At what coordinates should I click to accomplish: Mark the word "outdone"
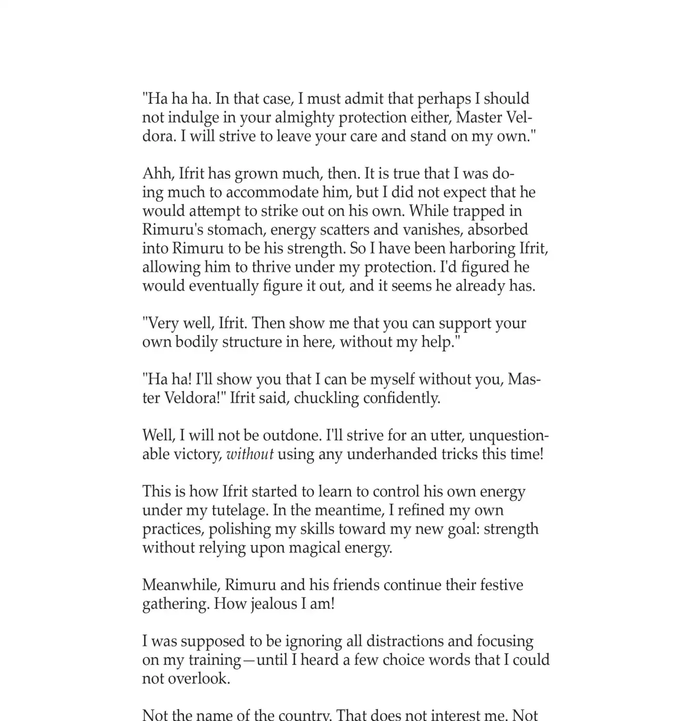[x=292, y=436]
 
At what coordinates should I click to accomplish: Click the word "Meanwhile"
[x=181, y=585]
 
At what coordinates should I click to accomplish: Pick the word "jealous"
[x=274, y=604]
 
